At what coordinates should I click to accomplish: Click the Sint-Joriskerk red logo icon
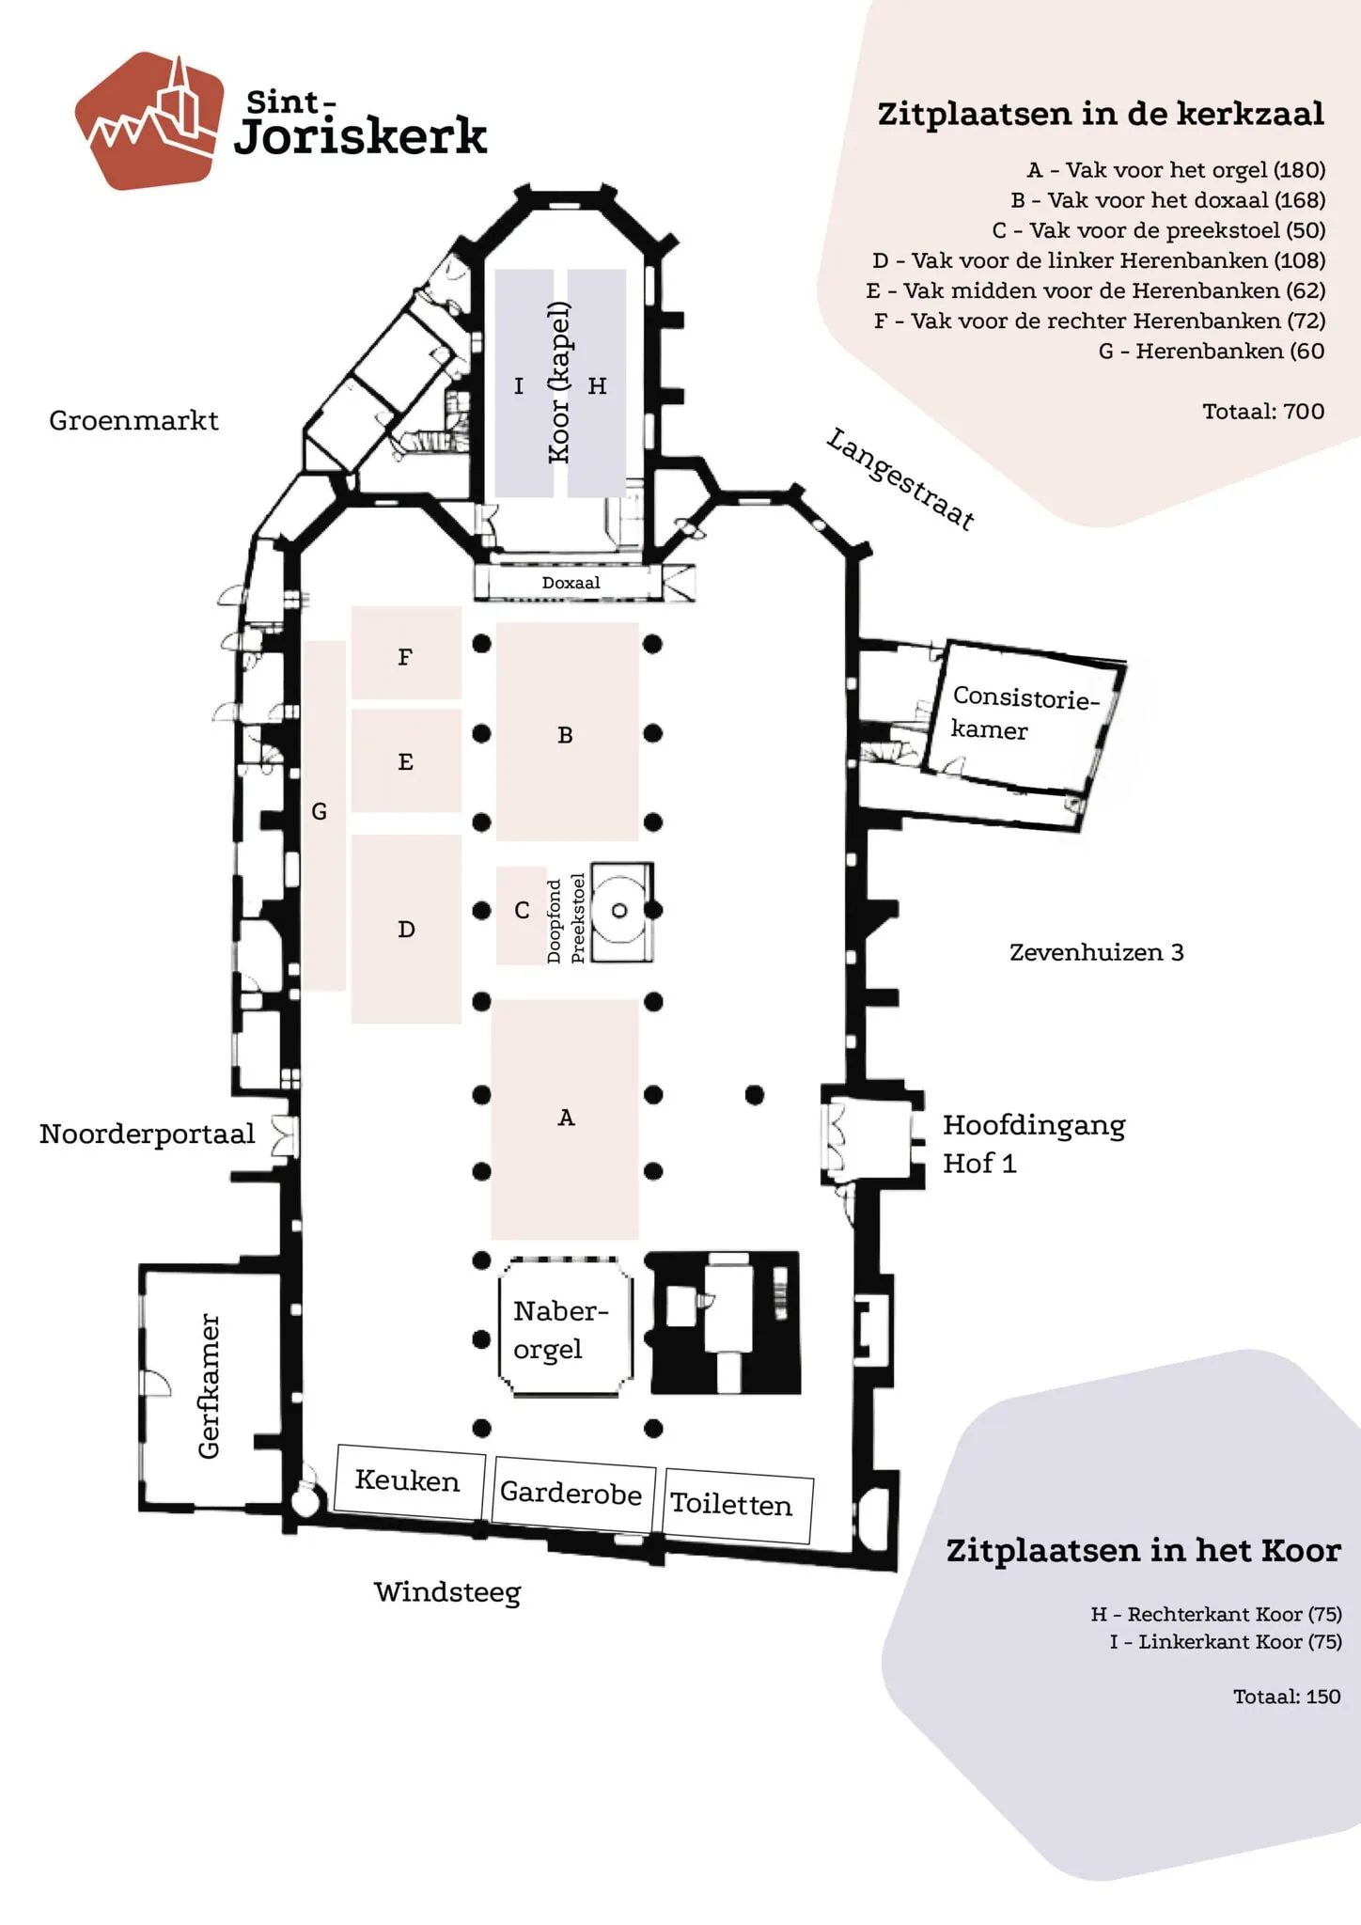pos(150,121)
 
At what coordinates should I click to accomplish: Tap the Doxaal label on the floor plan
pos(571,583)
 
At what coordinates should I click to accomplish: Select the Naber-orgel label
pos(560,1329)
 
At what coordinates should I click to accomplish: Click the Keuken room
pos(409,1480)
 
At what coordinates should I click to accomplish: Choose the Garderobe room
pos(571,1492)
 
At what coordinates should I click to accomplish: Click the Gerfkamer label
pos(209,1385)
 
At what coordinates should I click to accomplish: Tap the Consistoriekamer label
pos(1025,712)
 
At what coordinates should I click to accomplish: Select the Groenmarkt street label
pos(133,420)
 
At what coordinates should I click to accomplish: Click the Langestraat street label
pos(900,478)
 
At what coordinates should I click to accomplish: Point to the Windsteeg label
pos(447,1592)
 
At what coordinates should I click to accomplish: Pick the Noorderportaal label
pos(147,1134)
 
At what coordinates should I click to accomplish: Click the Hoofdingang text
pos(1034,1125)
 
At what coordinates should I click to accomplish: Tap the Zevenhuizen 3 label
pos(1096,952)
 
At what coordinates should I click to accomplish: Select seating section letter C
pos(522,910)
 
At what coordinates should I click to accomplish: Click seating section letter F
pos(405,657)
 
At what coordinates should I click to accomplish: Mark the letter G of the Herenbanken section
pos(320,811)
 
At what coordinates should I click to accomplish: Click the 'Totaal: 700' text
pos(1263,411)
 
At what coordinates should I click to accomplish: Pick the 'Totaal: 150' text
pos(1287,1697)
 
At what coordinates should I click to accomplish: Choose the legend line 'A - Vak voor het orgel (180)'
pos(1176,170)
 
